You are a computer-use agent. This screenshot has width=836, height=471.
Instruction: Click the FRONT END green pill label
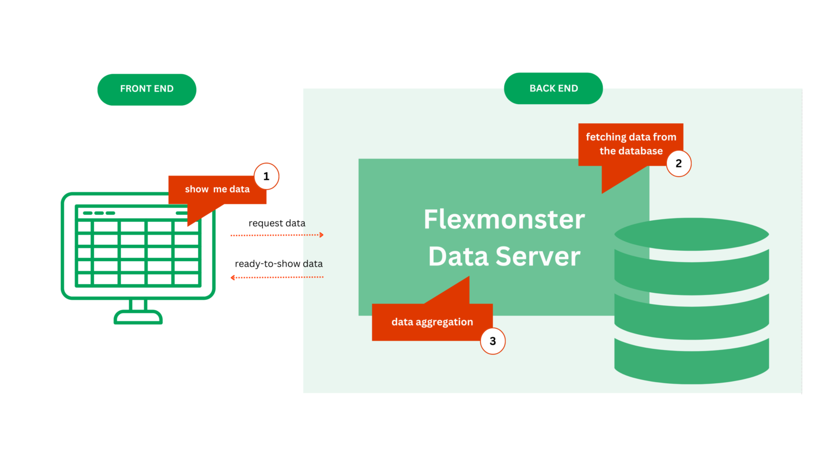(146, 89)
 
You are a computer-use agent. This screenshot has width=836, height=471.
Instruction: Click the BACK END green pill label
(553, 88)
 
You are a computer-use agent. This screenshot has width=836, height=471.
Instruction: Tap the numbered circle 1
(266, 177)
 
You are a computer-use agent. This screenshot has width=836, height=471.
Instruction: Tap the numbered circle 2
(678, 164)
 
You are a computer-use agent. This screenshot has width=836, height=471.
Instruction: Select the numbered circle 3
(493, 341)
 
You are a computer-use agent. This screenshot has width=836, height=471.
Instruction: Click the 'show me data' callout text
(217, 189)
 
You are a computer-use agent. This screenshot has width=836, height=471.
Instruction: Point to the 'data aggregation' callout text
(432, 322)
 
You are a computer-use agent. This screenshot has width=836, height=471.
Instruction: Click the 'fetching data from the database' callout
(631, 144)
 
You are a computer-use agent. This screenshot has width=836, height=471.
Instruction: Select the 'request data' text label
(276, 223)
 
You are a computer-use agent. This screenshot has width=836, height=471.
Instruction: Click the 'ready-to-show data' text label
(279, 264)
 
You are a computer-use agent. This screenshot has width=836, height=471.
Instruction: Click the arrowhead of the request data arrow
(322, 235)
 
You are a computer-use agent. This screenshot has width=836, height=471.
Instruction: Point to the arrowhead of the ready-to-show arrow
(233, 277)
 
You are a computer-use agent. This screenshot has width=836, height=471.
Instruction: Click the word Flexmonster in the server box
(504, 220)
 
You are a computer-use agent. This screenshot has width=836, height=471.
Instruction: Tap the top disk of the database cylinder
(691, 234)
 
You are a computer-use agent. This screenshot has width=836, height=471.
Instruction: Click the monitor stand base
(138, 317)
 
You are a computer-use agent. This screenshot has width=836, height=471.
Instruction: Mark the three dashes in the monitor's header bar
(99, 213)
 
